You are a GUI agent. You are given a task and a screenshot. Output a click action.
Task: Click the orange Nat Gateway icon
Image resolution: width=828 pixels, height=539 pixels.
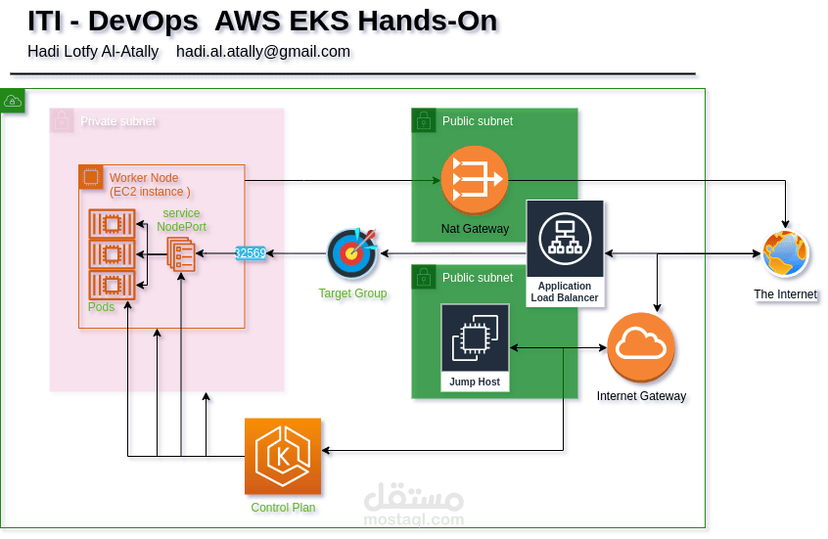click(474, 179)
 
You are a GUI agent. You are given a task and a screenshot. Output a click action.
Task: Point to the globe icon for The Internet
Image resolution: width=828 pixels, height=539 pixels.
click(786, 254)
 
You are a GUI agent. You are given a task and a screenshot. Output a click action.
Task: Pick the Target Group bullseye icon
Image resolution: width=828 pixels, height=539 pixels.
click(353, 254)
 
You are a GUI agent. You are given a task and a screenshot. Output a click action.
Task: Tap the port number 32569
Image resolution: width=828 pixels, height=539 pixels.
click(251, 253)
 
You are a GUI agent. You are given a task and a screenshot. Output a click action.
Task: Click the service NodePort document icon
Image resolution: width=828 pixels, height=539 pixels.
click(181, 256)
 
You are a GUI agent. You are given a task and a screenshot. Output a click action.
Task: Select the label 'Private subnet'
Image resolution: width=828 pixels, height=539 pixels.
click(117, 121)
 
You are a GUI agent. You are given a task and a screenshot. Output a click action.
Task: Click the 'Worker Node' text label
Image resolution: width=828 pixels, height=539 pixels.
click(143, 178)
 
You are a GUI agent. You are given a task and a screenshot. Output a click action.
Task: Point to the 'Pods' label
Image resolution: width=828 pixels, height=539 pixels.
click(101, 307)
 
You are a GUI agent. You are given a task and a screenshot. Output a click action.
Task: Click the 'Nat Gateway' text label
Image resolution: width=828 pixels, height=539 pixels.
click(475, 229)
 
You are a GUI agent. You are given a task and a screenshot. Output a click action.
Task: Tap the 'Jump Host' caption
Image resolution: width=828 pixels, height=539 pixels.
click(475, 382)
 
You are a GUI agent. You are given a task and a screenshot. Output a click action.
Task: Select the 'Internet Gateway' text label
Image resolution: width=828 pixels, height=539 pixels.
click(643, 398)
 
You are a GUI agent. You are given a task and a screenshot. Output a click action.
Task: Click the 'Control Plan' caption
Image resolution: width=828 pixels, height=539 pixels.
click(285, 508)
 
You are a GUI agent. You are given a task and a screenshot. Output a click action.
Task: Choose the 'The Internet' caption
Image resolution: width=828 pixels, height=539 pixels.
click(785, 294)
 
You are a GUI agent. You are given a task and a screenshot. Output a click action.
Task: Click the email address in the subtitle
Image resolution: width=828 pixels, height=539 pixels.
click(264, 52)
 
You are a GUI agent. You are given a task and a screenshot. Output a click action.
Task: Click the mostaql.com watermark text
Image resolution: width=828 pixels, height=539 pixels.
click(413, 519)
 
